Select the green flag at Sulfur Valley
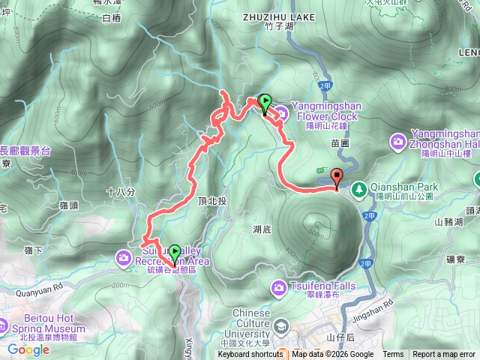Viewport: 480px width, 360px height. [175, 253]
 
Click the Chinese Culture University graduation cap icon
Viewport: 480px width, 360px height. [281, 325]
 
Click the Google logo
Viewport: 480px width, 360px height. [28, 349]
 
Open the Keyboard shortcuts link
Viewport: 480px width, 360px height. [250, 355]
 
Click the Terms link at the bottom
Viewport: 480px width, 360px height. [393, 355]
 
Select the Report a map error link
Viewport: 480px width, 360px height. [444, 355]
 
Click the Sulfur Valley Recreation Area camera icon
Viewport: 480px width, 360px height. [122, 259]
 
